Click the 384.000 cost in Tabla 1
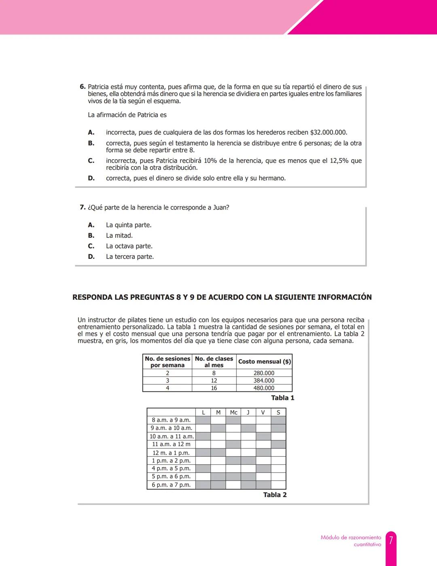(x=264, y=380)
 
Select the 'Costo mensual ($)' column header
(x=264, y=361)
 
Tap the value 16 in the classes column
(x=214, y=388)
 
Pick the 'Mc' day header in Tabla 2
(x=233, y=412)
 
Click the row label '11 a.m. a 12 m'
(x=171, y=444)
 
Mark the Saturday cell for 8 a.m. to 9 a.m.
(x=278, y=420)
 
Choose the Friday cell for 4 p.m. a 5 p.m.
(x=263, y=468)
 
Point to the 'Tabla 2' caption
(x=275, y=495)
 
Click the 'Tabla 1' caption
(x=282, y=398)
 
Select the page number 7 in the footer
(x=391, y=540)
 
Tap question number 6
(x=83, y=87)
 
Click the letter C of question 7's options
(x=91, y=246)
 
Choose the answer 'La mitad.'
(x=119, y=235)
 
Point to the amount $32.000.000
(x=329, y=132)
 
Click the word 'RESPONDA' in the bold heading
(x=92, y=297)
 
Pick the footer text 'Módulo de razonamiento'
(x=351, y=538)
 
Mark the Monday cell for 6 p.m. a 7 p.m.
(x=203, y=485)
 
